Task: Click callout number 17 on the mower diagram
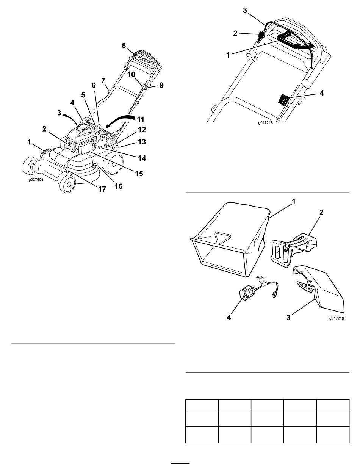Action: click(x=102, y=189)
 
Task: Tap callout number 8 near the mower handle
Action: click(x=124, y=45)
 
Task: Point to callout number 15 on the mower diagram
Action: click(x=139, y=174)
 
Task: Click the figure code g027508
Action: click(x=36, y=179)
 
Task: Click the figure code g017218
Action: click(x=266, y=123)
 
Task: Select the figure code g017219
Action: click(x=337, y=318)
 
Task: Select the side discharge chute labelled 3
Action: click(x=319, y=289)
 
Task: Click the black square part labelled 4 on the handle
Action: click(x=283, y=100)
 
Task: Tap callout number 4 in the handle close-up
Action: click(x=321, y=93)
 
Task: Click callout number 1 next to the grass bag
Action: click(x=293, y=202)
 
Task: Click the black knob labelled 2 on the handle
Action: click(x=261, y=37)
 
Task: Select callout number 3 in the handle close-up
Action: click(x=245, y=10)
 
